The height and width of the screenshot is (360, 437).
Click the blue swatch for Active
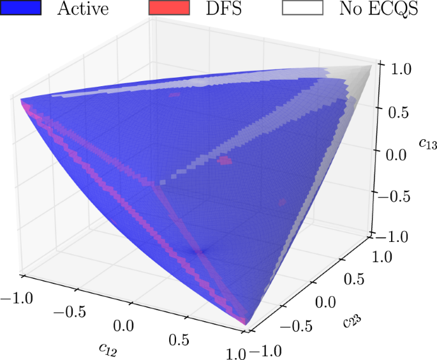point(20,8)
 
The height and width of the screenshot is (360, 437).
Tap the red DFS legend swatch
point(168,8)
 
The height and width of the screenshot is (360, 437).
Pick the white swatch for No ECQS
point(302,8)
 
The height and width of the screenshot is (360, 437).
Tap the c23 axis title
point(350,317)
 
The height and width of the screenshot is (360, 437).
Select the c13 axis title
point(427,144)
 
